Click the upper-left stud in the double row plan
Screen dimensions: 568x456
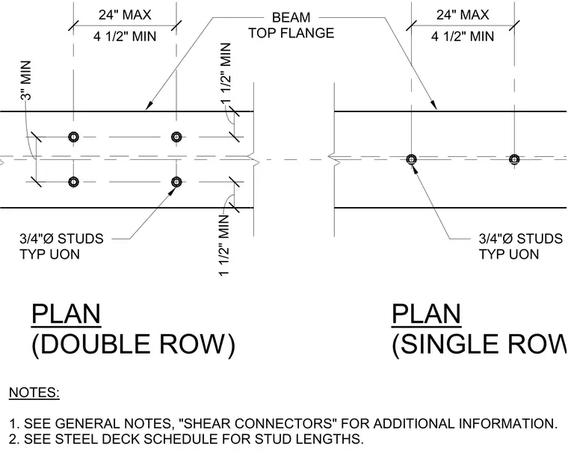[x=73, y=137]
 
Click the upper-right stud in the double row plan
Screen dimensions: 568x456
[x=176, y=137]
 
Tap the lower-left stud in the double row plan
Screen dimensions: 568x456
[x=73, y=182]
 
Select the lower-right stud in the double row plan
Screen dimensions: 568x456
[x=176, y=182]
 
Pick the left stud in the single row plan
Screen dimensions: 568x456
[x=411, y=159]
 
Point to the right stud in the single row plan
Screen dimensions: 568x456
[x=514, y=159]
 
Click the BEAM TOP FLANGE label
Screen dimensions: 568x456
[x=291, y=25]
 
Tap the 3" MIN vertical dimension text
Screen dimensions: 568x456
[x=26, y=81]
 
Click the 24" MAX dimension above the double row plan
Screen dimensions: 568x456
[x=125, y=15]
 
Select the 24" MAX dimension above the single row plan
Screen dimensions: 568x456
[x=463, y=15]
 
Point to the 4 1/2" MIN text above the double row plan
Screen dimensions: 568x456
[x=125, y=36]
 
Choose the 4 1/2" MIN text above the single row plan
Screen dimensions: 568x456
[x=463, y=36]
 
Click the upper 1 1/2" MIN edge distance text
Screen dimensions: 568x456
[x=226, y=73]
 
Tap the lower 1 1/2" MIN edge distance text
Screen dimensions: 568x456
[x=224, y=245]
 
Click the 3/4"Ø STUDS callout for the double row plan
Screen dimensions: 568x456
[x=61, y=246]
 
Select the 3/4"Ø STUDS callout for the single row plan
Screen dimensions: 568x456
[x=521, y=246]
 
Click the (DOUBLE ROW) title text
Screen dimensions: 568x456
[x=134, y=344]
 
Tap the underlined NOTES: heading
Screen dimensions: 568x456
[x=34, y=392]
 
